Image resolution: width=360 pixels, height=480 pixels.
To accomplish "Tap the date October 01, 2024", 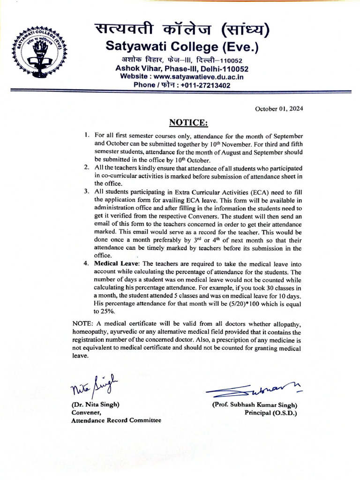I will (x=279, y=109).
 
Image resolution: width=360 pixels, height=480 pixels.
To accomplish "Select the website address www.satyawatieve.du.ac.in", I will (x=197, y=76).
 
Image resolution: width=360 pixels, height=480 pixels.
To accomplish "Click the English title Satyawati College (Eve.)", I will (x=182, y=47).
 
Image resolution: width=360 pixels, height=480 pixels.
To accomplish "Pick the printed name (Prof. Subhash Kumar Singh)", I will (x=255, y=405).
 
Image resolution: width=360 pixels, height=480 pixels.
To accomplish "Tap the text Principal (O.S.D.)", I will (x=270, y=412).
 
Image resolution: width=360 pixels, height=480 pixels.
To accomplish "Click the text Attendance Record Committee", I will (x=116, y=420).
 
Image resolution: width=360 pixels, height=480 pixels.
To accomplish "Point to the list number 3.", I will (x=86, y=192).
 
